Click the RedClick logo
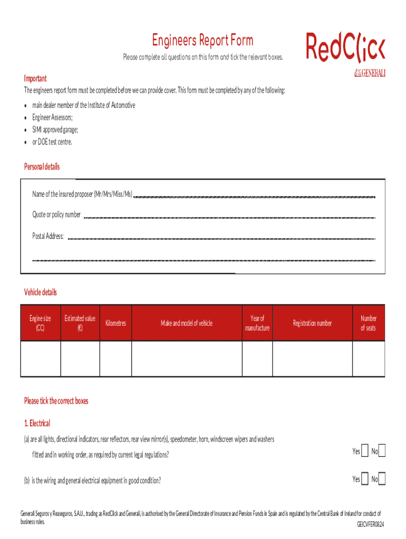coord(345,47)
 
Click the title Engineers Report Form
coord(202,41)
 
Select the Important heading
coord(35,78)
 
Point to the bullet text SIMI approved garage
coord(55,129)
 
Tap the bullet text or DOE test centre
coord(52,142)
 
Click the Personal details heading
coord(42,167)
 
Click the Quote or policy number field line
coord(229,216)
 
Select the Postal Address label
coord(48,236)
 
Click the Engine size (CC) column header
coord(41,323)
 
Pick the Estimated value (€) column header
coord(80,323)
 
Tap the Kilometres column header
coord(115,323)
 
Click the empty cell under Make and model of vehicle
coord(187,358)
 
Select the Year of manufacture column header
coord(257,323)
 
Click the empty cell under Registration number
coord(312,358)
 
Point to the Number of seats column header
coord(368,323)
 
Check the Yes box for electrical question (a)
coord(365,451)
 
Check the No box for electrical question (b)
coord(382,479)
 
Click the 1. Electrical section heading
coord(37,423)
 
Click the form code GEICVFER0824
coord(371,525)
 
